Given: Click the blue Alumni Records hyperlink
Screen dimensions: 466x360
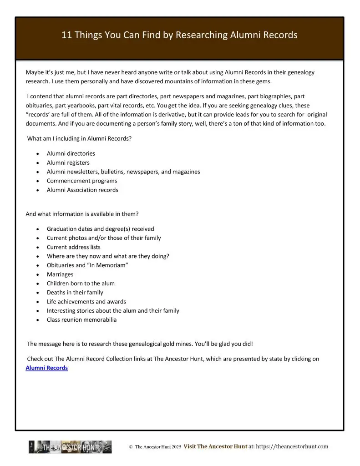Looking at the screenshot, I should (x=47, y=368).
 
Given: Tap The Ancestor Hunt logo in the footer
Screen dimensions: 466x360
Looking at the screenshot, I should (x=70, y=447).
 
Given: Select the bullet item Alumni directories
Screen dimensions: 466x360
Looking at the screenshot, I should (x=71, y=153).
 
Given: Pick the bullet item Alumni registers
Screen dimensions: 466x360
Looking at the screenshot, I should (x=68, y=162).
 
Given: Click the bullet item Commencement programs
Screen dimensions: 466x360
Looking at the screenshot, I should (x=76, y=181).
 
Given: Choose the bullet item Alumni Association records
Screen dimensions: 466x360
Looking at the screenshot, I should (x=82, y=190).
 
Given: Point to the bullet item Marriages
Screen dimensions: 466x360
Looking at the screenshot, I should (x=60, y=274).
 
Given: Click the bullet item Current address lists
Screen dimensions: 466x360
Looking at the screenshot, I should (x=73, y=247).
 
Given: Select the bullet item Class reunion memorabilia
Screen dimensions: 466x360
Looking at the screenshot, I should (x=81, y=319).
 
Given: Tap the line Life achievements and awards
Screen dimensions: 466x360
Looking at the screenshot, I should (x=86, y=301).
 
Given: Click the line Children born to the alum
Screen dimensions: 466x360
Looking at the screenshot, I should (x=81, y=283).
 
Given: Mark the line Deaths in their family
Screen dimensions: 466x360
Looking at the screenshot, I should (x=75, y=292).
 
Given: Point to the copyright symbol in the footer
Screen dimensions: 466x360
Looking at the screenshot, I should (x=131, y=447).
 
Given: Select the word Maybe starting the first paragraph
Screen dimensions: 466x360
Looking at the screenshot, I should (x=34, y=72).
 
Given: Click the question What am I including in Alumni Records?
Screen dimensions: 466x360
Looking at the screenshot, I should (x=80, y=138).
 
